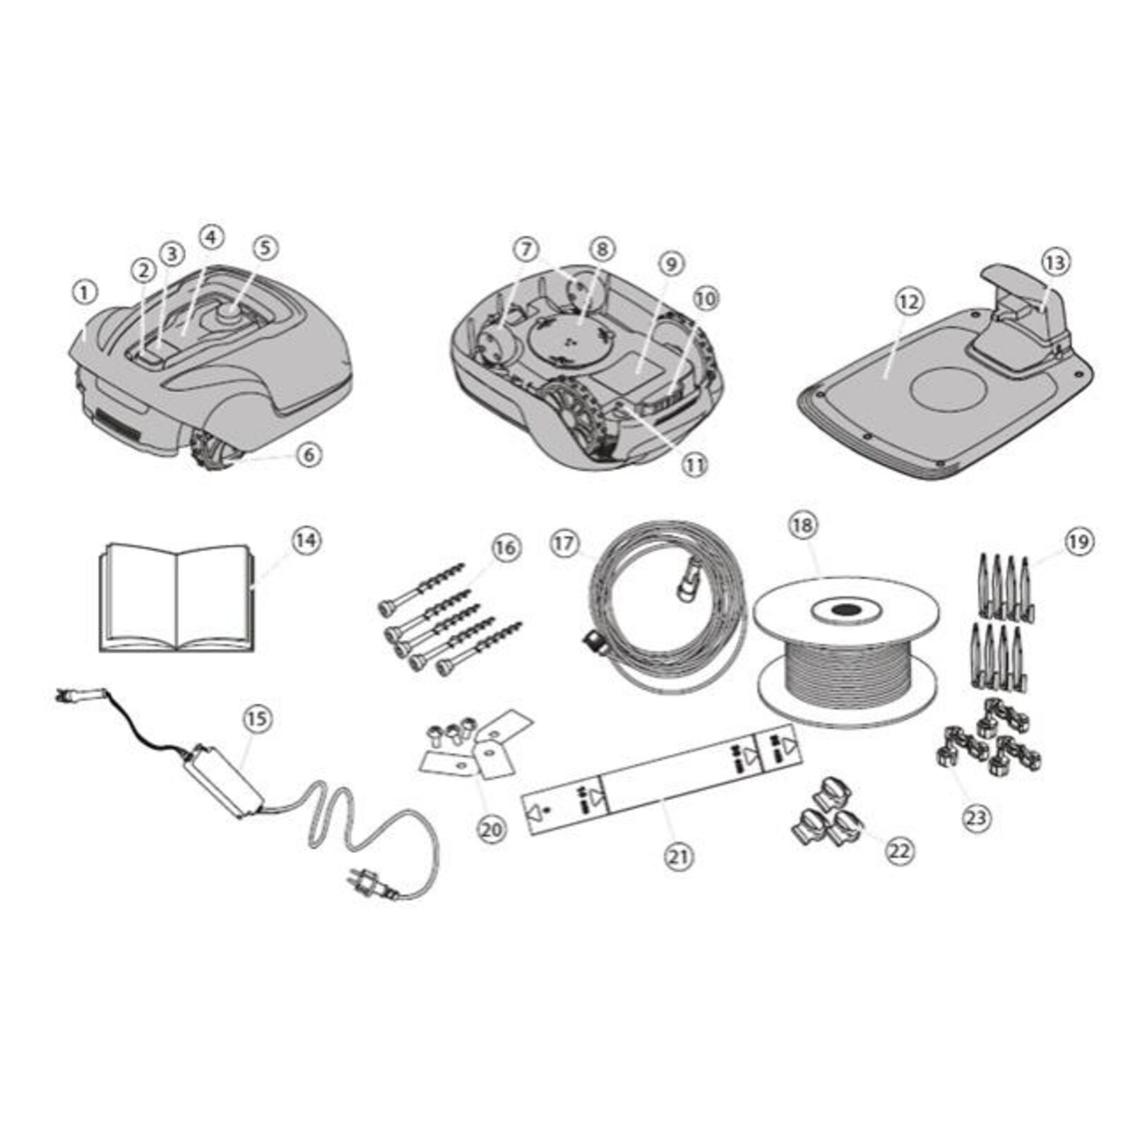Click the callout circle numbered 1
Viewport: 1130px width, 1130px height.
pos(85,292)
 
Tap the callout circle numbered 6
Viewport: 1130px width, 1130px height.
pos(309,456)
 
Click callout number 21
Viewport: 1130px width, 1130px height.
pos(679,857)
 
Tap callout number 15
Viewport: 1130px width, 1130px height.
pos(257,719)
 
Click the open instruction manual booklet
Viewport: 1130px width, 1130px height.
pos(176,597)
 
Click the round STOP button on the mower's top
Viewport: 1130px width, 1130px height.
pos(231,311)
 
